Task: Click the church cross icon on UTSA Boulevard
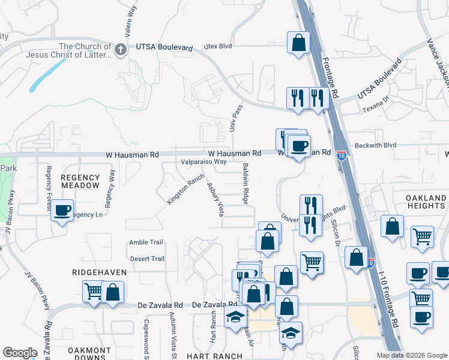[x=121, y=49]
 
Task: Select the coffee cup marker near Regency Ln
[x=62, y=211]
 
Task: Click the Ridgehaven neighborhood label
[x=100, y=272]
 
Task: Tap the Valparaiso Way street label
[x=204, y=161]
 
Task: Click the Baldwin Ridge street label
[x=245, y=184]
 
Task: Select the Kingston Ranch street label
[x=185, y=189]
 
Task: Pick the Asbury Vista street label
[x=215, y=200]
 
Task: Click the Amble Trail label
[x=146, y=242]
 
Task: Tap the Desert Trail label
[x=147, y=259]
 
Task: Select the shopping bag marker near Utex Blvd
[x=298, y=43]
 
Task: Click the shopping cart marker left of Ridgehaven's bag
[x=94, y=292]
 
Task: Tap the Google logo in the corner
[x=19, y=353]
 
